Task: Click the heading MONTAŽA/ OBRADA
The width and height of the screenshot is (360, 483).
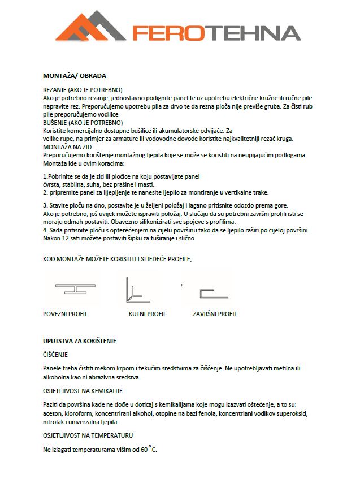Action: coord(75,75)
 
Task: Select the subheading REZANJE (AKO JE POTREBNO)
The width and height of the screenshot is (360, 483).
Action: coord(83,90)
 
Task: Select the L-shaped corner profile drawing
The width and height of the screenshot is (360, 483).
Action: coord(136,290)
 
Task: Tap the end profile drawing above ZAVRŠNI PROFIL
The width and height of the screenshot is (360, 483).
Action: coord(213,293)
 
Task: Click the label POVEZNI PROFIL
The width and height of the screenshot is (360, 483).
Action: coord(66,314)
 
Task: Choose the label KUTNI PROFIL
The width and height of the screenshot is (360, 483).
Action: coord(148,314)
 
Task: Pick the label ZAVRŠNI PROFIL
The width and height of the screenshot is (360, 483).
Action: coord(215,314)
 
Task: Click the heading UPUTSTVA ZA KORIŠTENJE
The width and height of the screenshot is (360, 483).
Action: coord(80,341)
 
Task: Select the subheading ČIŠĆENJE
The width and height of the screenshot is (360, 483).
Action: coord(55,355)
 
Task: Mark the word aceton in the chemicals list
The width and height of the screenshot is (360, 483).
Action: coord(53,413)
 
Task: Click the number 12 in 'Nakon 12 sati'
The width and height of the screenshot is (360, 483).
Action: coord(66,238)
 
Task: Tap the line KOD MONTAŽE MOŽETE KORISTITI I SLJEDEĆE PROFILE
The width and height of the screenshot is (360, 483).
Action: coord(118,259)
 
